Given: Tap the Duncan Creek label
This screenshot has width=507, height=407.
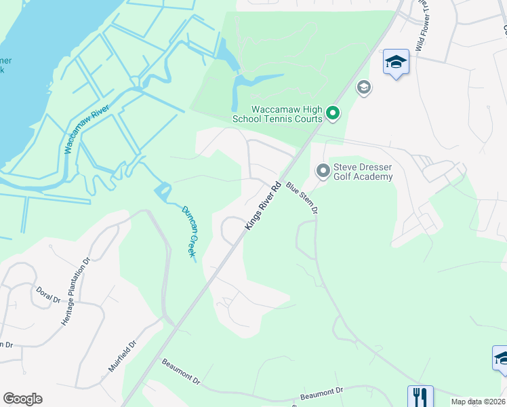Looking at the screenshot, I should (x=188, y=231).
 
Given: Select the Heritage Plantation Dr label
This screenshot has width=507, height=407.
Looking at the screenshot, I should (x=76, y=291).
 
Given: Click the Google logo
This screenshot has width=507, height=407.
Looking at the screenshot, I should (x=22, y=399).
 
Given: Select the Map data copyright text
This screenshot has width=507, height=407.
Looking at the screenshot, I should (x=479, y=402).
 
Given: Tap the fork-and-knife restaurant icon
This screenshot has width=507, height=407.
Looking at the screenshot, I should (x=420, y=396).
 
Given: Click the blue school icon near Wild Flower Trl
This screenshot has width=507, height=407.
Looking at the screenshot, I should (x=396, y=62).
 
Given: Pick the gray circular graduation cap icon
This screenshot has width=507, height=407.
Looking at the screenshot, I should (x=364, y=88).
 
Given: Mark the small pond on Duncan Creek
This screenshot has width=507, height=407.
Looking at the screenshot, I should (x=163, y=193).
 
